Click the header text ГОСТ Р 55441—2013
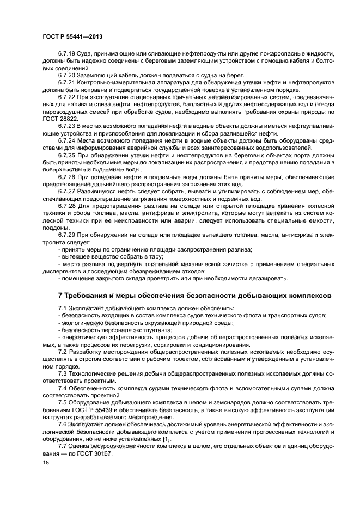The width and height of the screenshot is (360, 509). pyautogui.click(x=72, y=36)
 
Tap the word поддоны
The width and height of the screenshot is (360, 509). pyautogui.click(x=55, y=226)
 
